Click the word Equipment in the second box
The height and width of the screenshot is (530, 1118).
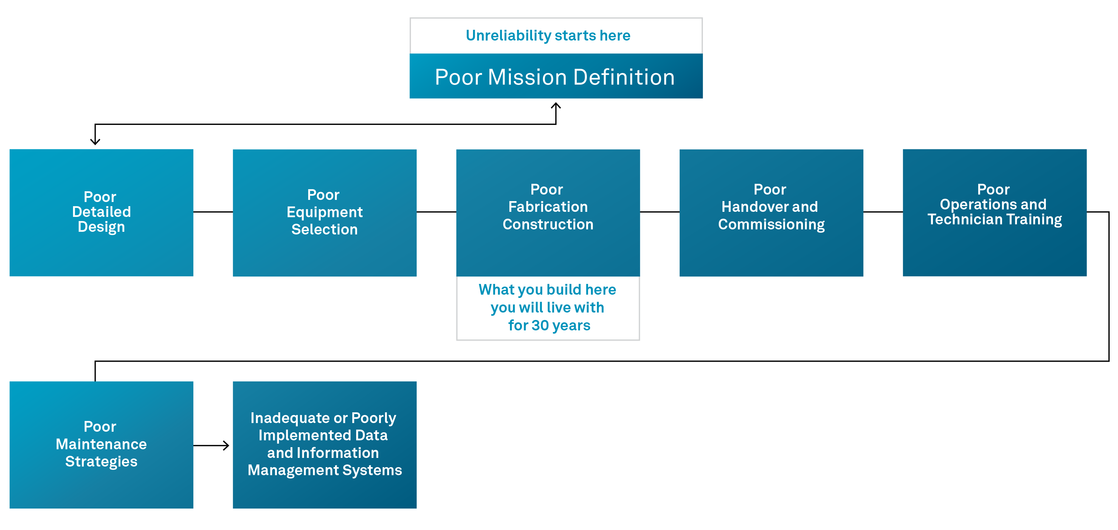[325, 212]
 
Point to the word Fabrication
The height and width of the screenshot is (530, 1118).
[548, 207]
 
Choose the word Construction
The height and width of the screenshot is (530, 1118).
[548, 224]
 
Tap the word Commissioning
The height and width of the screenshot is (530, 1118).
[771, 224]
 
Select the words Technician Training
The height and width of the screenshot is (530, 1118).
[994, 220]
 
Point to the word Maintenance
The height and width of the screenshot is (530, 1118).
[101, 444]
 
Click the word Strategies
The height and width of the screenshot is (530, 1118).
[101, 461]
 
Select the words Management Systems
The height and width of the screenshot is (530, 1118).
[325, 470]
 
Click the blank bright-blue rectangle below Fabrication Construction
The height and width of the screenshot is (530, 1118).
[558, 311]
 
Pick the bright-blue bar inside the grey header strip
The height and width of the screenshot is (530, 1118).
[584, 39]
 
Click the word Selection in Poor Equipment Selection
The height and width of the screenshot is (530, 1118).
[325, 229]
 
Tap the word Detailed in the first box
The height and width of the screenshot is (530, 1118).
[101, 212]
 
